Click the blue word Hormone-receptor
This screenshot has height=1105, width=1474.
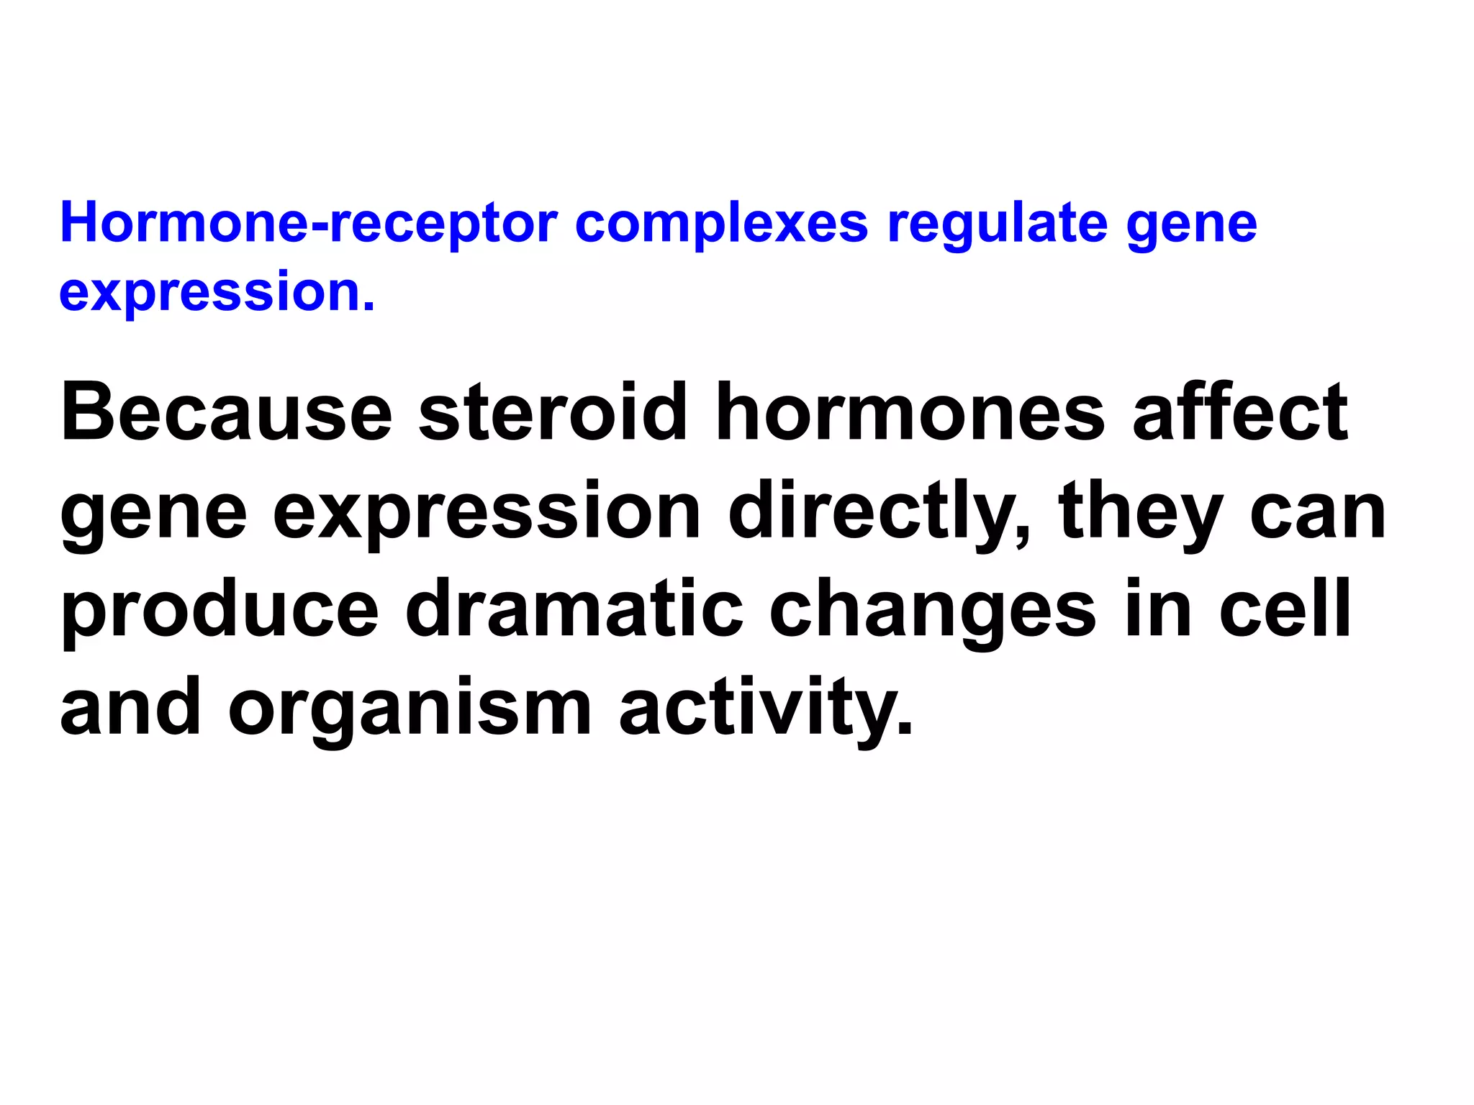point(309,223)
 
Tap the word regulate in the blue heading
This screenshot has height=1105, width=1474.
point(997,224)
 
